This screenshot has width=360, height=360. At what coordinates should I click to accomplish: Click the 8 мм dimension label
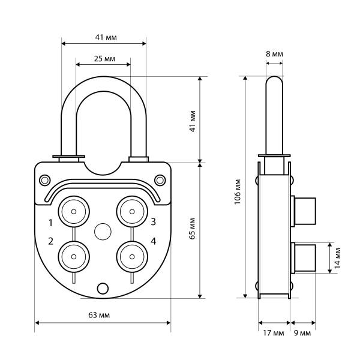click(274, 54)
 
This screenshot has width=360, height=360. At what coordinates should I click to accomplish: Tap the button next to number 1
click(73, 211)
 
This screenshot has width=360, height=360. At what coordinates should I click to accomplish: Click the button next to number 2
click(73, 256)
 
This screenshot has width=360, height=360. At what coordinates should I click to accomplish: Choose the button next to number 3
click(131, 211)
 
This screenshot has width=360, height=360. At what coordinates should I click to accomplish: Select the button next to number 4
click(131, 256)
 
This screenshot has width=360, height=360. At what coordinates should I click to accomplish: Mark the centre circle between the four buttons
click(103, 232)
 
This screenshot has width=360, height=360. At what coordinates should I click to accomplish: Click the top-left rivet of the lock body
click(45, 179)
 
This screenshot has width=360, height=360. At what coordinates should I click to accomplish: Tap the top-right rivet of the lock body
click(160, 179)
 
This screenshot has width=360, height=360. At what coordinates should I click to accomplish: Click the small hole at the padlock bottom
click(103, 288)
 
